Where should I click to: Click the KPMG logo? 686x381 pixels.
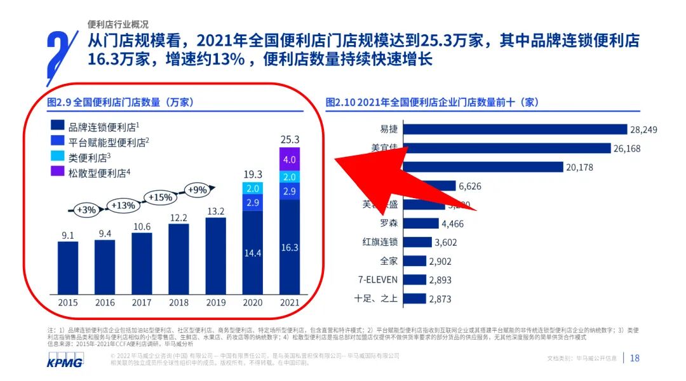click(65, 359)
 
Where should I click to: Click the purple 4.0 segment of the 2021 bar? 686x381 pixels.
click(290, 159)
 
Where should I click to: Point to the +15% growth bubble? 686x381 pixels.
click(160, 197)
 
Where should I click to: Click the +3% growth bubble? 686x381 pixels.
click(86, 210)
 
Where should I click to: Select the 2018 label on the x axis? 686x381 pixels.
click(179, 303)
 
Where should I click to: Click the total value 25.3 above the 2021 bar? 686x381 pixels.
click(290, 139)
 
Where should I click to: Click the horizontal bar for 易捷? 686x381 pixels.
click(515, 130)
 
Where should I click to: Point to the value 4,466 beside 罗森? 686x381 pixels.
click(455, 224)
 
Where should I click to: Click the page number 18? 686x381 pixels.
click(634, 358)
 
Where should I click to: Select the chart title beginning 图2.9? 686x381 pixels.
click(121, 102)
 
